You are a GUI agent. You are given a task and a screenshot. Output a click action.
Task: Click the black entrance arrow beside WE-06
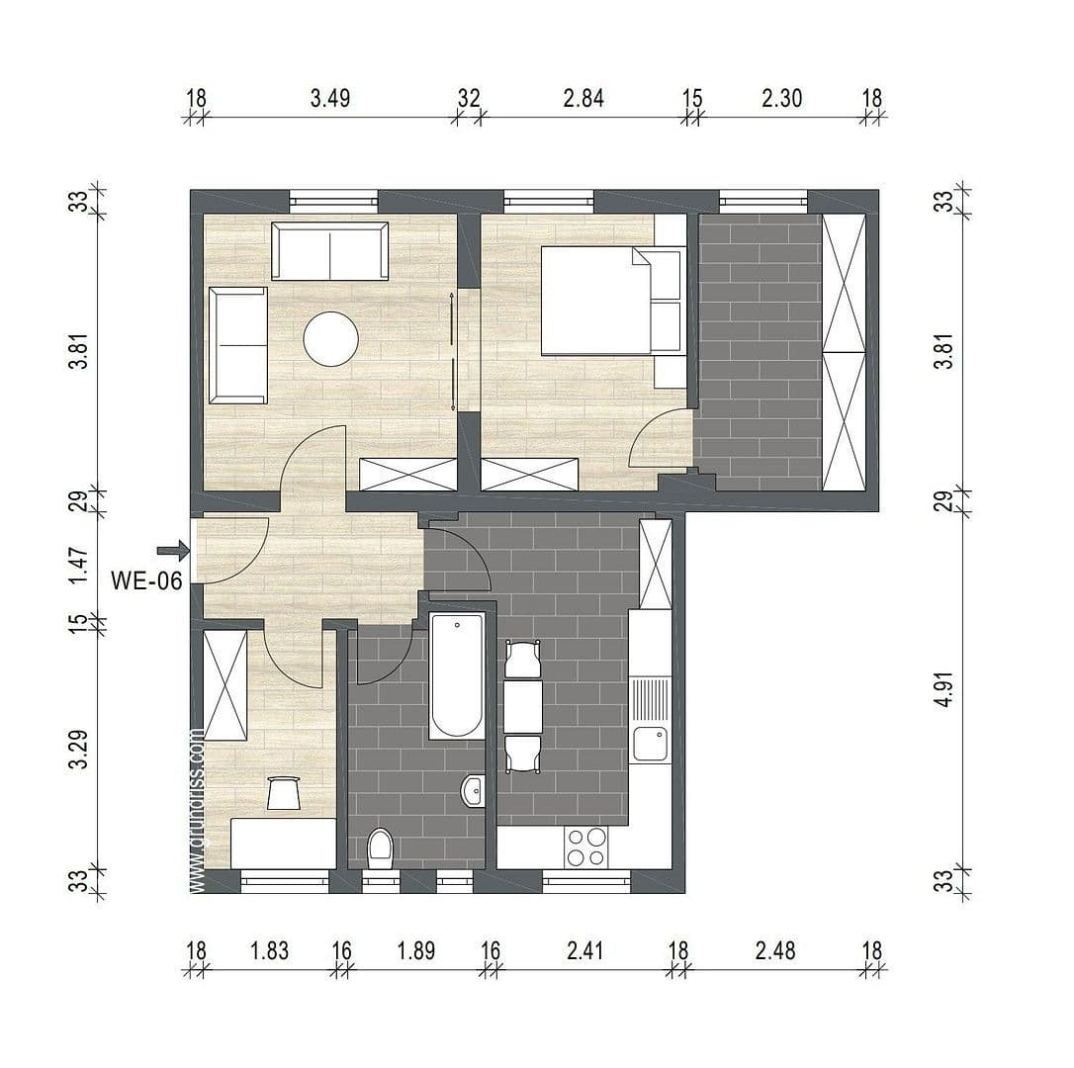pyautogui.click(x=173, y=550)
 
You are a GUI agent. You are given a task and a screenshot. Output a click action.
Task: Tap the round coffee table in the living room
pyautogui.click(x=330, y=339)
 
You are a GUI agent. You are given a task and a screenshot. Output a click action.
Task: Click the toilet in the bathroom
pyautogui.click(x=380, y=848)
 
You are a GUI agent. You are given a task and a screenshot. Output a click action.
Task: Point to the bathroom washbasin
pyautogui.click(x=473, y=790)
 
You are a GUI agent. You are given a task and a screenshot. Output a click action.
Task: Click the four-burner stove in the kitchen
pyautogui.click(x=585, y=846)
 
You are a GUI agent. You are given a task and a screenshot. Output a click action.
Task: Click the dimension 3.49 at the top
pyautogui.click(x=330, y=98)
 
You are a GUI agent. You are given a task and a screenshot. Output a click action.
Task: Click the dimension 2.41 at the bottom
pyautogui.click(x=583, y=951)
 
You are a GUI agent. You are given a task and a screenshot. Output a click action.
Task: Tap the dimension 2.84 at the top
pyautogui.click(x=582, y=98)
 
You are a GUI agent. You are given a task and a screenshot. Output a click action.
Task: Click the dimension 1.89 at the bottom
pyautogui.click(x=415, y=951)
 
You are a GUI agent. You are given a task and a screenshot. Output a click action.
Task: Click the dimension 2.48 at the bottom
pyautogui.click(x=774, y=951)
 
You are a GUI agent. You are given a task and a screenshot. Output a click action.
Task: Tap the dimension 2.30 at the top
pyautogui.click(x=781, y=98)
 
